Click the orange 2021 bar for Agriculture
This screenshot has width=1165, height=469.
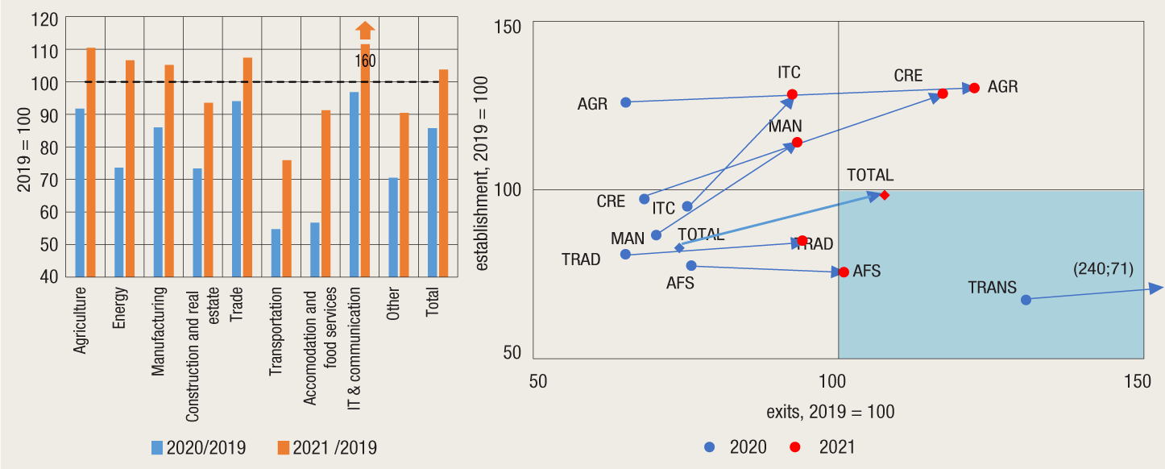click(91, 161)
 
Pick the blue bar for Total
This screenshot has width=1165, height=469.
click(433, 202)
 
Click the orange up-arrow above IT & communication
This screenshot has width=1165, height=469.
click(365, 31)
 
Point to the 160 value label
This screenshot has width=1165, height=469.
click(365, 61)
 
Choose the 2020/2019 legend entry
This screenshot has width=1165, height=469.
click(198, 447)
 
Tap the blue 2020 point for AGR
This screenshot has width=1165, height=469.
click(625, 102)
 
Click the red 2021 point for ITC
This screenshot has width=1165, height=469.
click(792, 94)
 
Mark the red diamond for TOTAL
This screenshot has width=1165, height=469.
click(885, 195)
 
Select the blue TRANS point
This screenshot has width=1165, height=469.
click(1026, 300)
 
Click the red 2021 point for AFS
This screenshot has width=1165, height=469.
click(844, 272)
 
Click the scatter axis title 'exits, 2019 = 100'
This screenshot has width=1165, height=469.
click(830, 411)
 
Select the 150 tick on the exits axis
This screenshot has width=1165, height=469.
click(1139, 381)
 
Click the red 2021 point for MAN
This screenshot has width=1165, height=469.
click(797, 143)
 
